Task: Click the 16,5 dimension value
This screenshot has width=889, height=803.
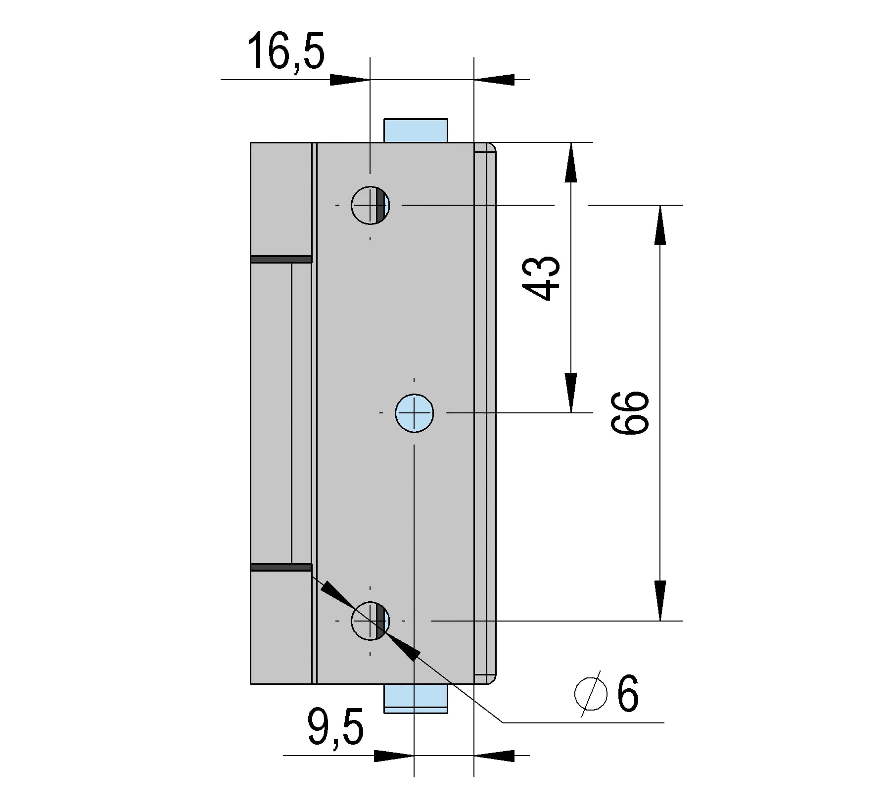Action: tap(286, 51)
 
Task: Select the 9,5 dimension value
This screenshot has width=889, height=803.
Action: tap(335, 726)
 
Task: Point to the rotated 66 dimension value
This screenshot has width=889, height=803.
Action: tap(629, 413)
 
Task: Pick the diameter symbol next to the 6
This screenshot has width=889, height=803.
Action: tap(591, 694)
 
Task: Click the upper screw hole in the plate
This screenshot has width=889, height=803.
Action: tap(371, 205)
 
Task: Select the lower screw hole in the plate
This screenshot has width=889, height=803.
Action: tap(371, 621)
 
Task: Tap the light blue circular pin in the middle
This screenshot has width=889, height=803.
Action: tap(415, 413)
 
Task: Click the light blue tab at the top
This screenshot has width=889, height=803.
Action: tap(416, 131)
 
